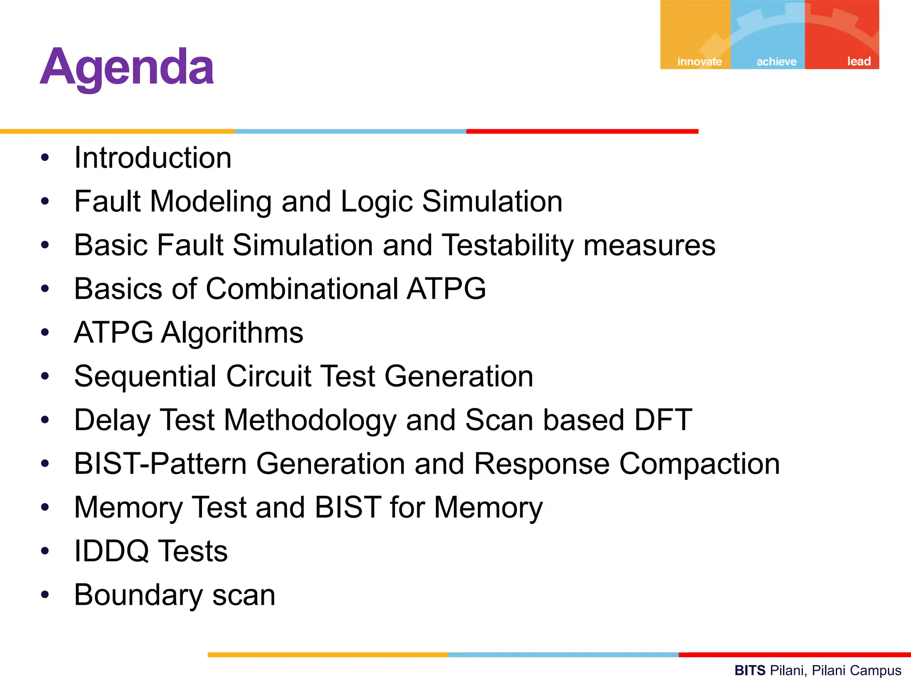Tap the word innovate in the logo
(x=699, y=61)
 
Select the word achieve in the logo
(x=776, y=61)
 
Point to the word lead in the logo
(x=859, y=61)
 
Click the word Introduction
(x=153, y=158)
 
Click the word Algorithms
(x=232, y=333)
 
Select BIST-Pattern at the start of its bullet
(x=160, y=464)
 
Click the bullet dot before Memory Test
(x=44, y=507)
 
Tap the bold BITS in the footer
(x=750, y=670)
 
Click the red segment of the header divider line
(x=582, y=131)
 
